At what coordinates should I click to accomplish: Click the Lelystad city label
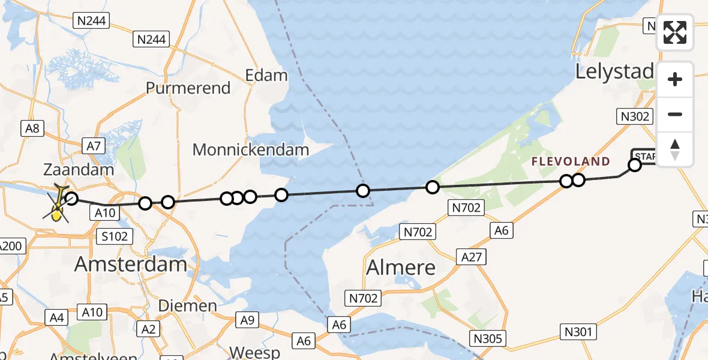tap(613, 72)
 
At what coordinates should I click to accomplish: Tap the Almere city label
tap(401, 267)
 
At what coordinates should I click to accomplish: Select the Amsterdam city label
tap(131, 263)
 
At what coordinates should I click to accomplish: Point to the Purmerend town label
tap(188, 88)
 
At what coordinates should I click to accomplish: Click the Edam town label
tap(266, 76)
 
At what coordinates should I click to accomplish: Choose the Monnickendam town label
tap(251, 149)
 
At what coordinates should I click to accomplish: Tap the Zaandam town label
tap(79, 170)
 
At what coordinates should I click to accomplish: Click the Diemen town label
tap(187, 306)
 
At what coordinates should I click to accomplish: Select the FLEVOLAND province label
tap(571, 161)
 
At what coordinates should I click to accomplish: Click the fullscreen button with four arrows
tap(675, 32)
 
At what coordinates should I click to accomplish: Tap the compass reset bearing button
tap(675, 149)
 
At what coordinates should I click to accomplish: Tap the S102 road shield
tap(115, 236)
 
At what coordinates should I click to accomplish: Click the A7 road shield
tap(96, 145)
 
